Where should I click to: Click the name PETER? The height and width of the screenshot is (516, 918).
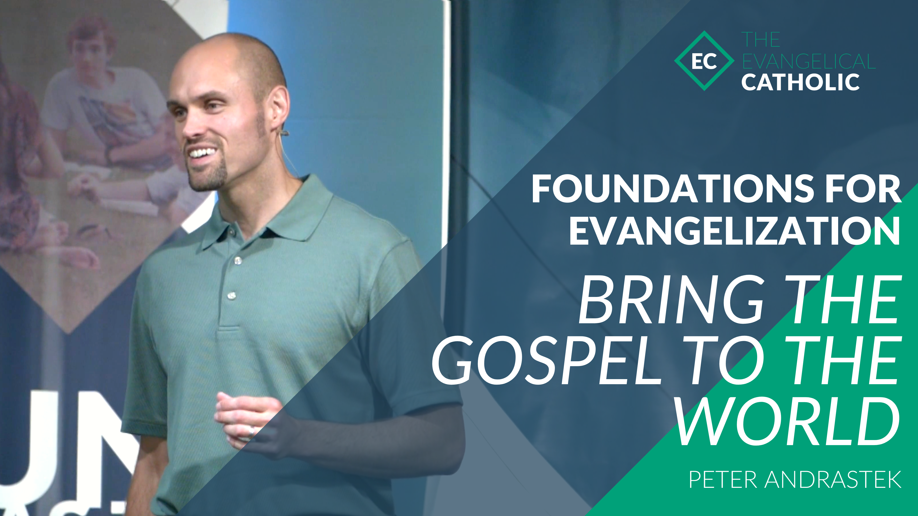tap(723, 480)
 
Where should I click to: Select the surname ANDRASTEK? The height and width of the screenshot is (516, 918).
tap(833, 480)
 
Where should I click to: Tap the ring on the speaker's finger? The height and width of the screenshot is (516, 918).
tap(251, 431)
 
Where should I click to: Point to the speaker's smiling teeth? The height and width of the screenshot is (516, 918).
tap(202, 153)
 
